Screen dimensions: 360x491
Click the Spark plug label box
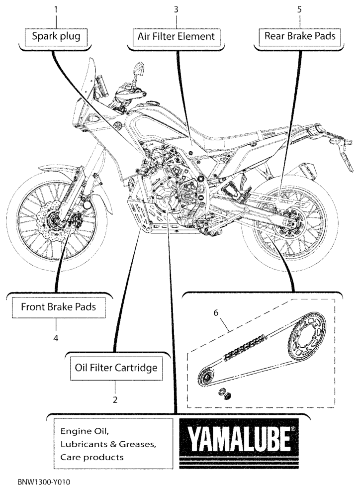point(56,37)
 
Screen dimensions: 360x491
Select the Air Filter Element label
point(176,37)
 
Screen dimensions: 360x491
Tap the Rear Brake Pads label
point(300,36)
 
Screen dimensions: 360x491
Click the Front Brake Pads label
point(58,307)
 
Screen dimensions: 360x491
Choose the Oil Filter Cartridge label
point(116,368)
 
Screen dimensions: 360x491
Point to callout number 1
point(56,9)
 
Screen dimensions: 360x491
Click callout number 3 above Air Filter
point(176,9)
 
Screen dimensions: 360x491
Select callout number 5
point(299,9)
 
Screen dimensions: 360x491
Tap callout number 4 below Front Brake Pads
point(56,338)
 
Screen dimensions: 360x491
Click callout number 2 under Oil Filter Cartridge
point(115,400)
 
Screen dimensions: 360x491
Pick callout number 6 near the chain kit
point(216,313)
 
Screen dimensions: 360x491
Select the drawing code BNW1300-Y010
point(44,482)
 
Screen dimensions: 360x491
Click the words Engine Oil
point(85,431)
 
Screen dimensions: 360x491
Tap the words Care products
point(92,458)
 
